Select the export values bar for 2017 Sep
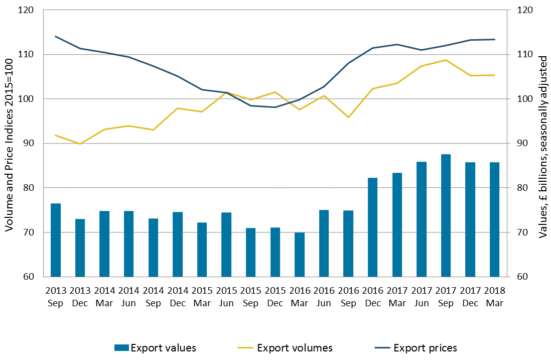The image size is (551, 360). (x=446, y=215)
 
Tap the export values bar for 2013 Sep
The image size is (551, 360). (x=56, y=240)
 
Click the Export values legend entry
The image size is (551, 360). (x=155, y=347)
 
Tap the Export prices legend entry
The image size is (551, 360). (x=415, y=347)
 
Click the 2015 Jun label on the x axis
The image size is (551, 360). (x=226, y=297)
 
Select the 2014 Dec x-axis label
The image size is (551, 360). (x=178, y=297)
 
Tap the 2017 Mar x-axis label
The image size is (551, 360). (x=397, y=297)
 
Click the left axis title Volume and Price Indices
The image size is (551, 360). (x=9, y=144)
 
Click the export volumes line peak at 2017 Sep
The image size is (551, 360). (x=446, y=60)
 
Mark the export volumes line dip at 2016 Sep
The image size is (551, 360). (x=348, y=117)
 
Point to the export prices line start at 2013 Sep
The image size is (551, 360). (x=56, y=36)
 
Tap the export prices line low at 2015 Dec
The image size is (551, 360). (x=275, y=107)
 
